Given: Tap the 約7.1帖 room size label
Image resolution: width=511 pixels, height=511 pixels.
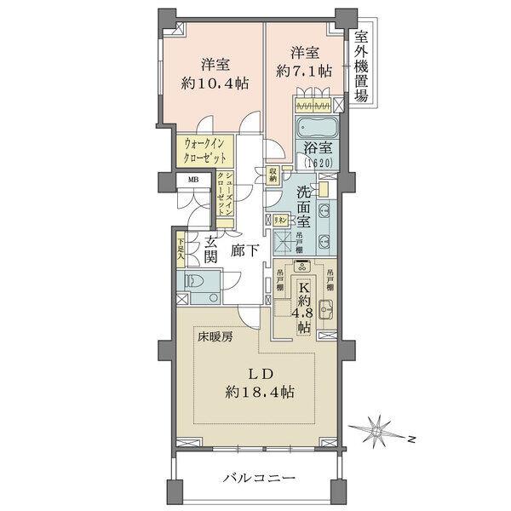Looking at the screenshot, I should [x=301, y=72].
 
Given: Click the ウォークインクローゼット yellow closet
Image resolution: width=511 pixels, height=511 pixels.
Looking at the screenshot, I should [x=204, y=152].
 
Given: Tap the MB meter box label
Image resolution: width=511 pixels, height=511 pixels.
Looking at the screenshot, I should [x=193, y=181].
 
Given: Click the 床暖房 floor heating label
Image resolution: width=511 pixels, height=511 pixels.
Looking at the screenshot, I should [x=216, y=336].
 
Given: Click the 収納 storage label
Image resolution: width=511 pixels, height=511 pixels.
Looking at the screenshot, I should [x=273, y=173].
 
